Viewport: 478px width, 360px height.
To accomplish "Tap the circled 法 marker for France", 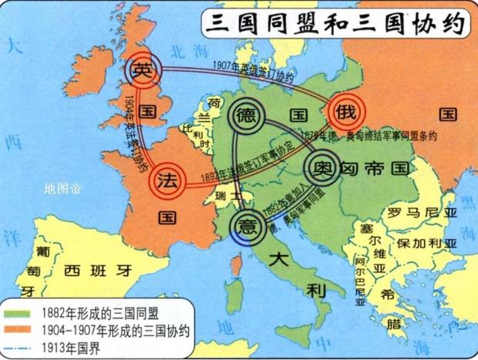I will [x=165, y=180].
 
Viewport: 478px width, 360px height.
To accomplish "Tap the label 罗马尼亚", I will [x=415, y=212].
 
